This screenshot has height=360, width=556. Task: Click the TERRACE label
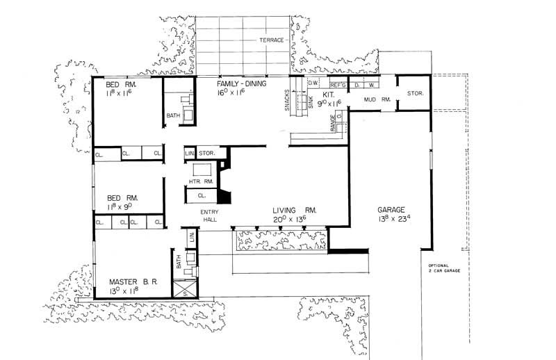tap(271, 40)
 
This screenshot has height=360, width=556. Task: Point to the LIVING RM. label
tap(295, 210)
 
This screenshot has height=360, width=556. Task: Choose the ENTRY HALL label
tap(210, 215)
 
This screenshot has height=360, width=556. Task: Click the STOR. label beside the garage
tap(416, 92)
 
